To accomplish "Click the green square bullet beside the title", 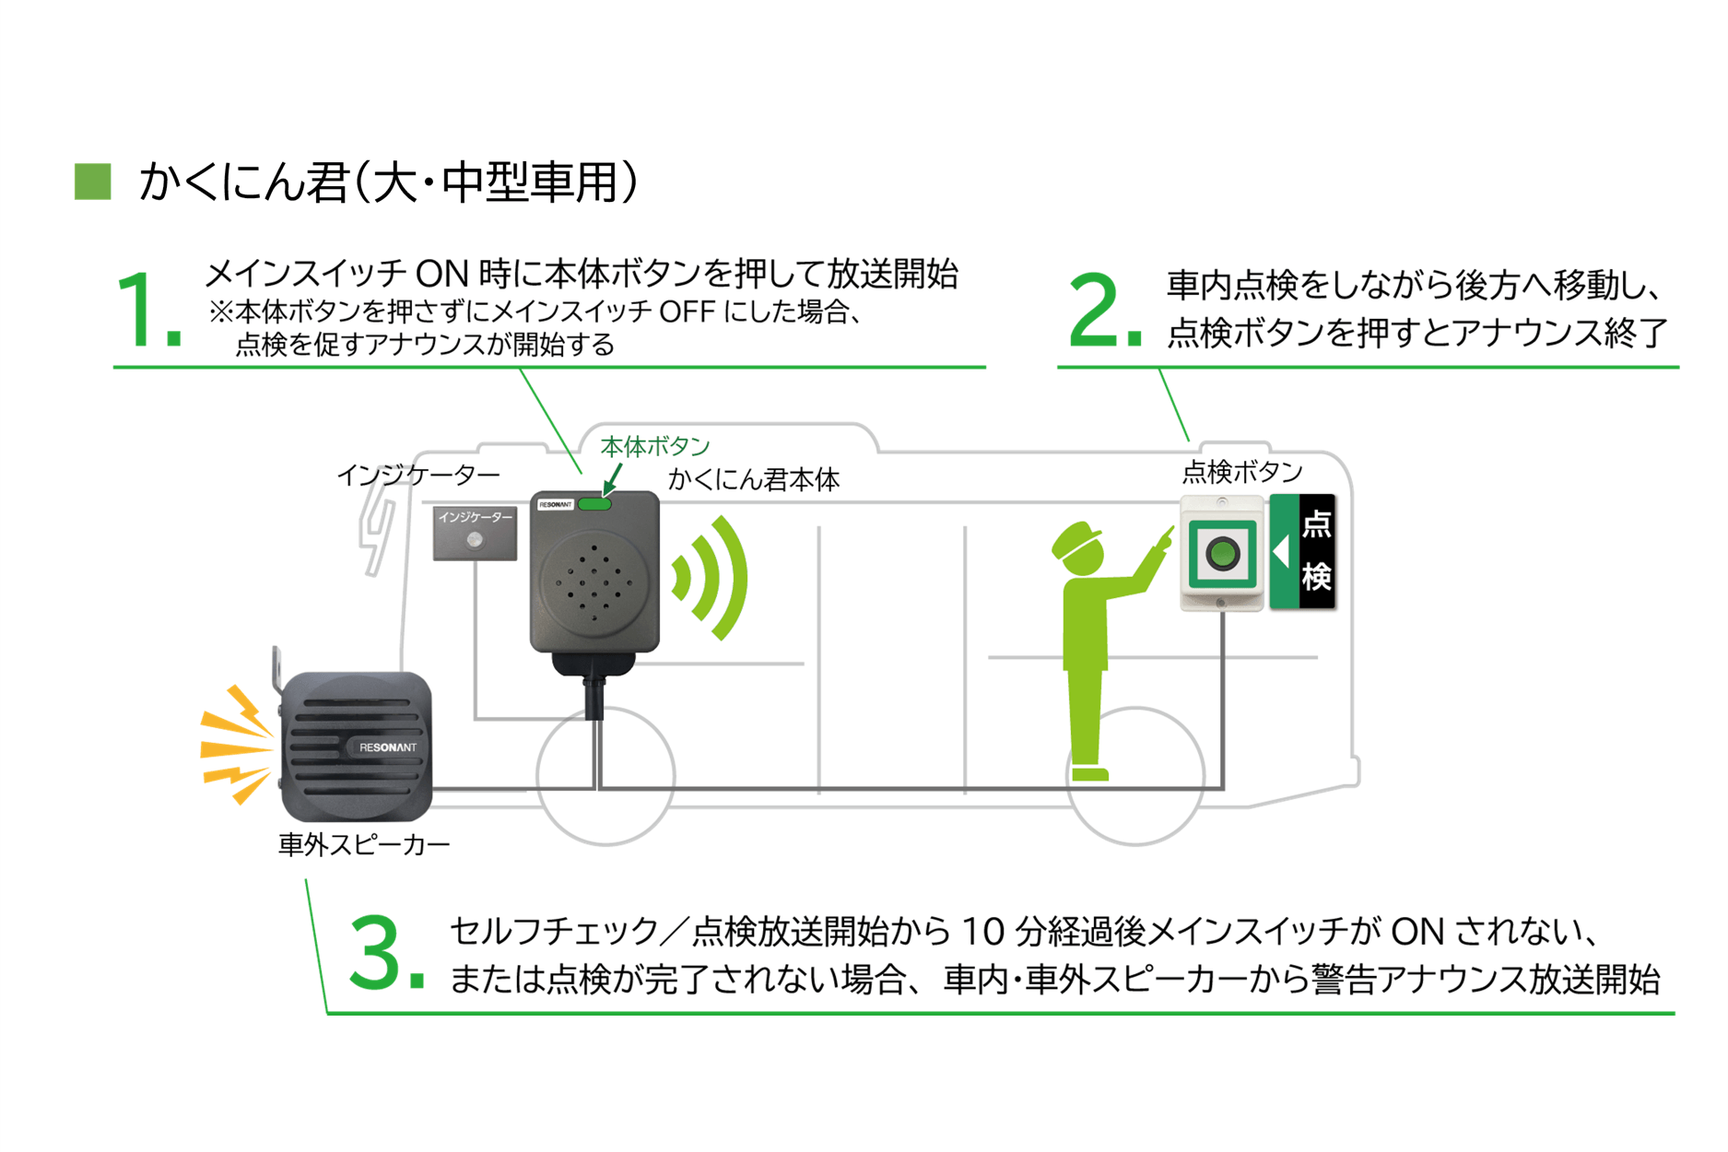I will [x=92, y=181].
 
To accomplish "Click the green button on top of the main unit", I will [x=594, y=504].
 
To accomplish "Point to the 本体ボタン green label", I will [x=654, y=447].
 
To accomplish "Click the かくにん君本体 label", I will [x=753, y=479].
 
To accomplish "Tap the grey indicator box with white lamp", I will [x=475, y=534].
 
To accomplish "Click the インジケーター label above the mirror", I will [x=418, y=475].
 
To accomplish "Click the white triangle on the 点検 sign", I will [x=1280, y=552].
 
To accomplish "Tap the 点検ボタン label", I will [x=1241, y=472].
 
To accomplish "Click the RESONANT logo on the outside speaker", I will [x=387, y=746].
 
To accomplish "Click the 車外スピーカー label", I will [x=364, y=844].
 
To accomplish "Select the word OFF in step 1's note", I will [x=687, y=312].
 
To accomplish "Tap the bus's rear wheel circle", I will [x=1135, y=776].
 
